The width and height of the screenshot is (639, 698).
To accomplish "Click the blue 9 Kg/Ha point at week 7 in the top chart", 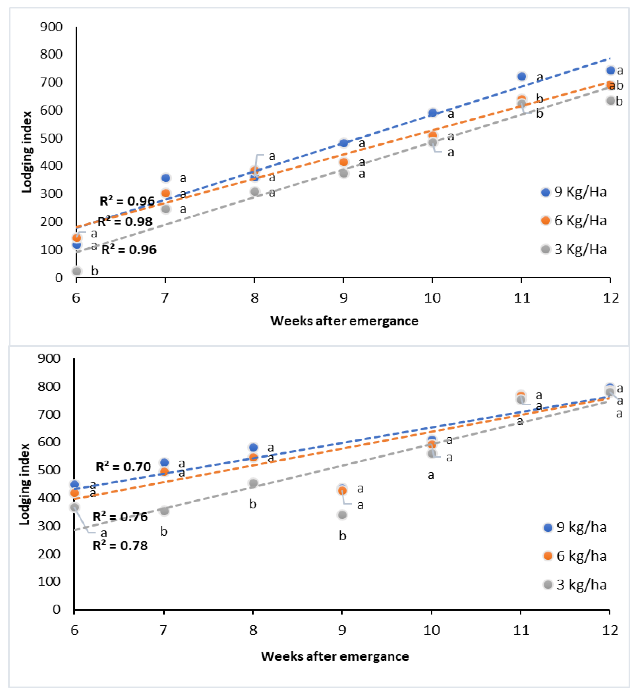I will (x=166, y=178).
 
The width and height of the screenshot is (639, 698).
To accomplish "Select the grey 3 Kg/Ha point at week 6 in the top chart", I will (x=77, y=271).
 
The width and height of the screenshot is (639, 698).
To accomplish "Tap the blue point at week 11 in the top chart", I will (x=522, y=77).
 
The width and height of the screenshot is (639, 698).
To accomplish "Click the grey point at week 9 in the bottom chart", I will (x=342, y=515).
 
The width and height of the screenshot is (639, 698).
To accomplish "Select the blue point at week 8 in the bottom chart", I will (x=253, y=447).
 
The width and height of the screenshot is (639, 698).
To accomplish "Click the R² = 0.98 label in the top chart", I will (x=125, y=222).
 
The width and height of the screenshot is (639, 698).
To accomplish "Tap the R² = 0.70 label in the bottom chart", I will (x=123, y=467).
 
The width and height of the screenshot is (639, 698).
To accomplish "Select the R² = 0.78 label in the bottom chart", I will (x=120, y=546).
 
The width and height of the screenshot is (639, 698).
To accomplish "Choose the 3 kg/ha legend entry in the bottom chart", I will (x=575, y=585).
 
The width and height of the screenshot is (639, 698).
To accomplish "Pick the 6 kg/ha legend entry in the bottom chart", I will (x=575, y=556).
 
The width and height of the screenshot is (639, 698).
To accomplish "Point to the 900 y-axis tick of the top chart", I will (x=51, y=27).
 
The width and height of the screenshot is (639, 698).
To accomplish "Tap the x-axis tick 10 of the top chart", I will (x=432, y=298).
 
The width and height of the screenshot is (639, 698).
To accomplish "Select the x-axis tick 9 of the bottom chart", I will (x=342, y=630).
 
